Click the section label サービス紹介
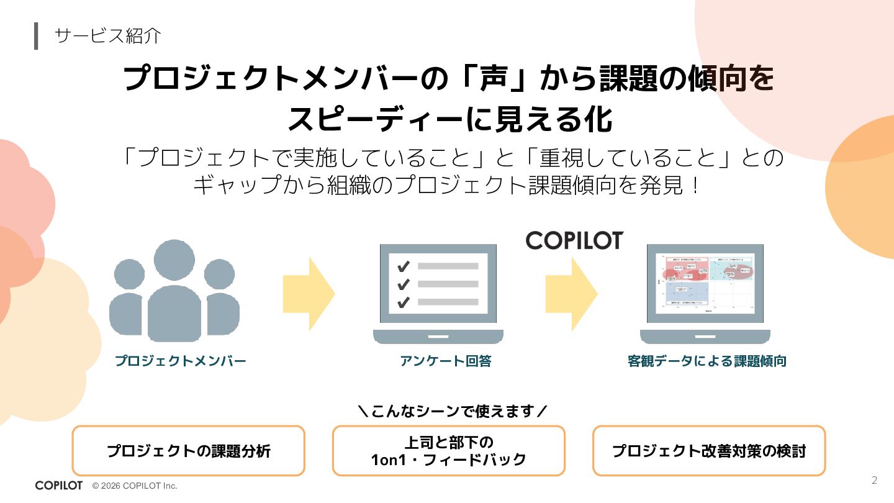click(x=108, y=35)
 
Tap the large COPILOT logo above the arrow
click(x=574, y=240)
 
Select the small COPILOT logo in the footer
click(x=58, y=486)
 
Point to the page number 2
click(x=875, y=480)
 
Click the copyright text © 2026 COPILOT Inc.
click(x=135, y=486)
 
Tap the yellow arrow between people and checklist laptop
click(x=309, y=294)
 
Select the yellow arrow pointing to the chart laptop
click(x=571, y=294)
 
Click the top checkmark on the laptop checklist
click(x=404, y=266)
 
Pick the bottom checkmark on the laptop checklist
click(x=404, y=302)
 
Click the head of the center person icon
click(x=174, y=261)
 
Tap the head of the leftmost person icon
click(x=129, y=274)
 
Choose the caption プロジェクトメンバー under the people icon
click(x=181, y=361)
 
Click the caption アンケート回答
click(x=445, y=361)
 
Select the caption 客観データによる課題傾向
click(x=707, y=361)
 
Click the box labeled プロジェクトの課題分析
click(x=189, y=451)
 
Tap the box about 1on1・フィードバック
click(x=448, y=451)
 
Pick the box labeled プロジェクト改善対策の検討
click(x=709, y=451)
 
